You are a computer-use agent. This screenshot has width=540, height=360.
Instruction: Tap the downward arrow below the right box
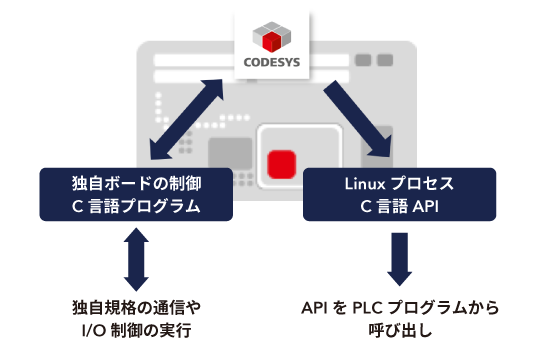point(399,261)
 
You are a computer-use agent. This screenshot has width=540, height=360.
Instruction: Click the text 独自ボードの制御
point(136,185)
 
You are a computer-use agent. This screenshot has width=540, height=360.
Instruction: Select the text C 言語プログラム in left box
point(136,207)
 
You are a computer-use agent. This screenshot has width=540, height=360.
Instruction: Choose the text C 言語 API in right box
point(400,207)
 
